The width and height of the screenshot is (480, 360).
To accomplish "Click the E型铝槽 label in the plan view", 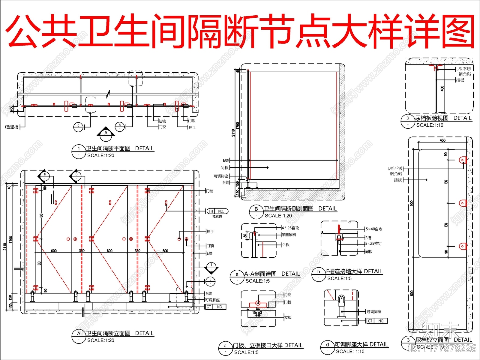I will pyautogui.click(x=11, y=127).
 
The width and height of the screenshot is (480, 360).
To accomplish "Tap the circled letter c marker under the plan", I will pyautogui.click(x=78, y=127).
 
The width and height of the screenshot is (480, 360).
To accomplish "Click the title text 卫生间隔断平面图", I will pyautogui.click(x=108, y=148).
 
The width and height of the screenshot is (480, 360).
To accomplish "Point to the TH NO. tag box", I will pyautogui.click(x=217, y=211).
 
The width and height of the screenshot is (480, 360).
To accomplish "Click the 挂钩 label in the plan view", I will pyautogui.click(x=162, y=121).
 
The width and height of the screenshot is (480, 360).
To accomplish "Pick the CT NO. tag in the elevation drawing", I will pyautogui.click(x=216, y=307).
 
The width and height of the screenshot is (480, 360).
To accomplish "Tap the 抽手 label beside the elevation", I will pyautogui.click(x=210, y=232).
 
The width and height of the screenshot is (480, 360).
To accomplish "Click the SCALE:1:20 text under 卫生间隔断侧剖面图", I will pyautogui.click(x=278, y=216).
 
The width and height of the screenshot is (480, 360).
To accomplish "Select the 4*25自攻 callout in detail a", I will pyautogui.click(x=290, y=228).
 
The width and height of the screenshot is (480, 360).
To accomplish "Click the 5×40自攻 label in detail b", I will pyautogui.click(x=374, y=229).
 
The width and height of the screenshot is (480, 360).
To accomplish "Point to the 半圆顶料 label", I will pyautogui.click(x=289, y=235).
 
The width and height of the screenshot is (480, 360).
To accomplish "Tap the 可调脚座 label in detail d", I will pyautogui.click(x=374, y=312).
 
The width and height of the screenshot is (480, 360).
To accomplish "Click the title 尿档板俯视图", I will pyautogui.click(x=431, y=118).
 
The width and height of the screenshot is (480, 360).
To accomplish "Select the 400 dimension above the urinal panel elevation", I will pyautogui.click(x=442, y=140).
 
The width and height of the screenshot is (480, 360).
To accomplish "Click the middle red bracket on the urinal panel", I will pyautogui.click(x=463, y=203).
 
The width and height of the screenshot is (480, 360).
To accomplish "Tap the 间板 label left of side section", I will pyautogui.click(x=225, y=168).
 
